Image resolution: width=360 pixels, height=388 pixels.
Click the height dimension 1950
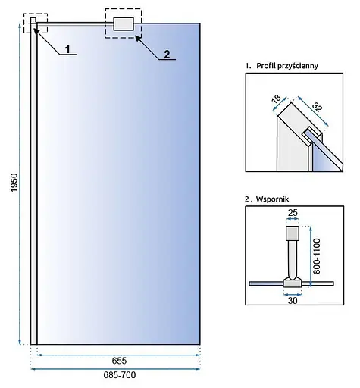14,183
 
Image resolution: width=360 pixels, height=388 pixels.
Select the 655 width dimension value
119,361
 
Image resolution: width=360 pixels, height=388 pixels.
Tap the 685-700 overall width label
120,375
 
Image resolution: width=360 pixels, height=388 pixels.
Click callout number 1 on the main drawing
67,49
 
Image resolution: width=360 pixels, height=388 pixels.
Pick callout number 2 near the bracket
167,55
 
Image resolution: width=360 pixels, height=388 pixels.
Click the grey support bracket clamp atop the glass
124,24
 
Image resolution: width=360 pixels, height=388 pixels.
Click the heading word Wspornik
272,199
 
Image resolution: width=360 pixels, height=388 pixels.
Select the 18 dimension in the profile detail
276,99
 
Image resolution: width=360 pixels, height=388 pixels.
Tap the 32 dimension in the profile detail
318,107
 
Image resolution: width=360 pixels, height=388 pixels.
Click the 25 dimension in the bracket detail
293,213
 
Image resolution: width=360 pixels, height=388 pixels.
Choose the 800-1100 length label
316,256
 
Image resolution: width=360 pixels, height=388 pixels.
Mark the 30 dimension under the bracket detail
293,301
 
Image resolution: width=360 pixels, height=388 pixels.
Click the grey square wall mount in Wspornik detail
293,233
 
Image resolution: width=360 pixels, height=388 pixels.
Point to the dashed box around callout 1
36,14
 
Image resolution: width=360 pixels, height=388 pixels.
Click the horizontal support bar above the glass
75,23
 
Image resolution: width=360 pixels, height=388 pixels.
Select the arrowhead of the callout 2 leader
138,39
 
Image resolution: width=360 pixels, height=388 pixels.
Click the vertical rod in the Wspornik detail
293,259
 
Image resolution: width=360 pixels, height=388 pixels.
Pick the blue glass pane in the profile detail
326,158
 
